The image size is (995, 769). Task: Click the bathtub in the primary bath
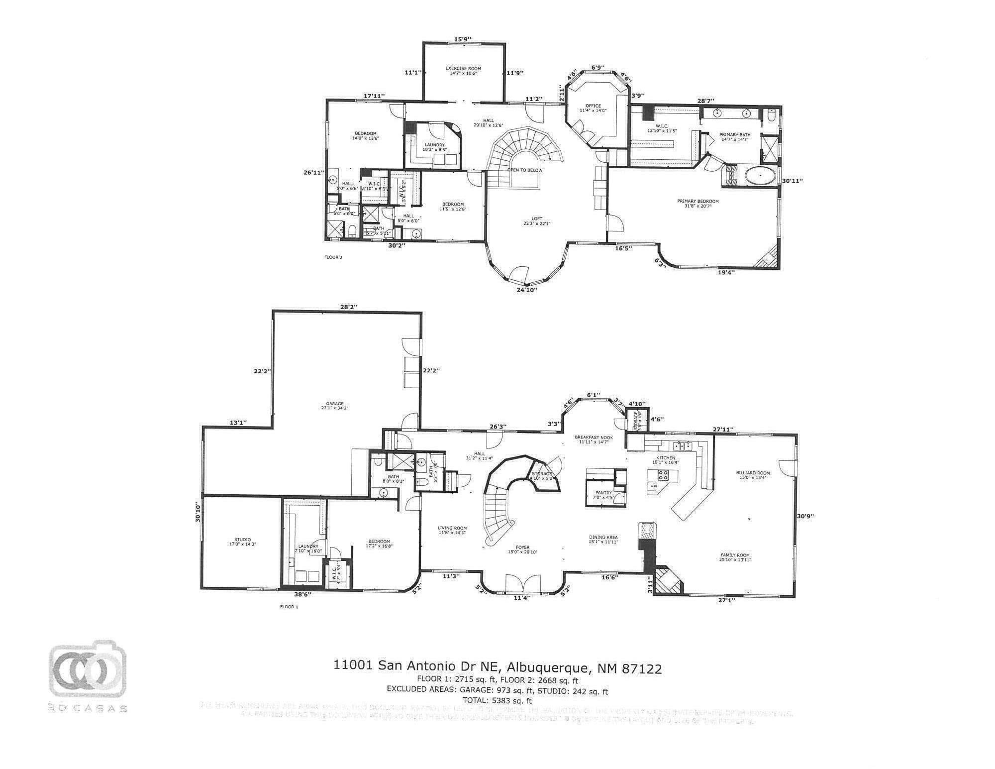pyautogui.click(x=760, y=177)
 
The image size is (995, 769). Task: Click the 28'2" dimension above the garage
pyautogui.click(x=349, y=307)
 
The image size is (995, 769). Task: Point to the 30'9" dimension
pyautogui.click(x=805, y=516)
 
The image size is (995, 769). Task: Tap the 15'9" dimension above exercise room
pyautogui.click(x=463, y=39)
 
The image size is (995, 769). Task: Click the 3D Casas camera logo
pyautogui.click(x=88, y=668)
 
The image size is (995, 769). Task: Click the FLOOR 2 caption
pyautogui.click(x=333, y=257)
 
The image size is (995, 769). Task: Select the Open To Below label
pyautogui.click(x=524, y=170)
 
